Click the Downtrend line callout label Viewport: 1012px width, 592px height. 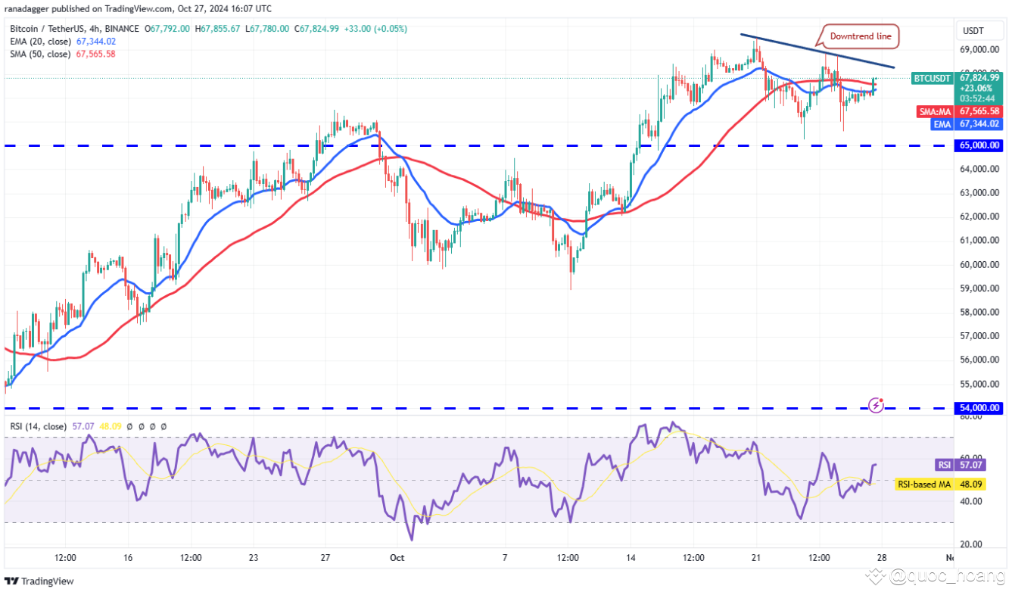coord(861,36)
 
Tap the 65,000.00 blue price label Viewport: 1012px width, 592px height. coord(979,145)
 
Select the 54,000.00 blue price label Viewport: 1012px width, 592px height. coord(979,408)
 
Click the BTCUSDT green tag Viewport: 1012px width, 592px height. coord(931,78)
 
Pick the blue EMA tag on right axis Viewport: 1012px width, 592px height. coord(941,123)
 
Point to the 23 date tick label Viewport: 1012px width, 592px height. coord(253,558)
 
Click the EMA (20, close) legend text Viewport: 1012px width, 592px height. coord(42,42)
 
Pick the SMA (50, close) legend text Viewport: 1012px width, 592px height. coord(42,54)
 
